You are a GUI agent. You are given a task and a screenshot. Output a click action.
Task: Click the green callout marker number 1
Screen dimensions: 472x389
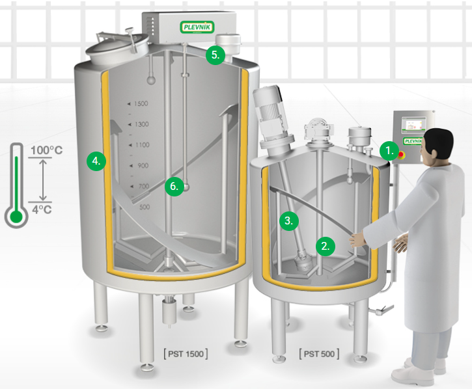click(389, 151)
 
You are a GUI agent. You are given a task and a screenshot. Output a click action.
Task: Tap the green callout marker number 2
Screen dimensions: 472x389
click(326, 247)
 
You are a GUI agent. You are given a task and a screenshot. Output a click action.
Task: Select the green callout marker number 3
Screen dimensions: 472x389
click(288, 221)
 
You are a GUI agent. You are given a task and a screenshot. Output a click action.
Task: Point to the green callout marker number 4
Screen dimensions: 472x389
click(96, 161)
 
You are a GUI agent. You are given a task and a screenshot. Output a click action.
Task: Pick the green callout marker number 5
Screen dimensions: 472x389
click(215, 55)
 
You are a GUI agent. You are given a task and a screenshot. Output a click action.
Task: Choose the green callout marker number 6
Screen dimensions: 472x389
click(174, 187)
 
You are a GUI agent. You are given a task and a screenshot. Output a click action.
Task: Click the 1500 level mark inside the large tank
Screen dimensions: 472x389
click(138, 104)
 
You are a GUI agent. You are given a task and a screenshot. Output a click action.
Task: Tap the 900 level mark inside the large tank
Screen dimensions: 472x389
click(139, 166)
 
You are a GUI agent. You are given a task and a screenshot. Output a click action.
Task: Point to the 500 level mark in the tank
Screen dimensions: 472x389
click(145, 207)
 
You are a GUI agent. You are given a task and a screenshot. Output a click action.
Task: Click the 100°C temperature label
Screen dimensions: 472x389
click(46, 150)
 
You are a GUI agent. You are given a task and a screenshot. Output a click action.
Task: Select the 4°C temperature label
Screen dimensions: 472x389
click(42, 209)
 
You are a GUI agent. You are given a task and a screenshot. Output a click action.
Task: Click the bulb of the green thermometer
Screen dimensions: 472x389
click(16, 217)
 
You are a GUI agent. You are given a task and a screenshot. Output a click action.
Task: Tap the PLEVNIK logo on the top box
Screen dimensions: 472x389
click(197, 27)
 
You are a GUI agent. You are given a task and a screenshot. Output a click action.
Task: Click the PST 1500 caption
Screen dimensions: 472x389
click(186, 354)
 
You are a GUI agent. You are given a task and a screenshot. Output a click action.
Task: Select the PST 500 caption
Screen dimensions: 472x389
click(319, 354)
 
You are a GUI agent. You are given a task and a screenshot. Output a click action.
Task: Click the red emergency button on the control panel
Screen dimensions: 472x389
click(401, 155)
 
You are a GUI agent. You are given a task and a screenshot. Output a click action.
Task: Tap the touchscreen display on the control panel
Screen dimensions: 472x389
click(415, 125)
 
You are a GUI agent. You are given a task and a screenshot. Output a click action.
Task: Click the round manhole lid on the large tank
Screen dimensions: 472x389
click(117, 47)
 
